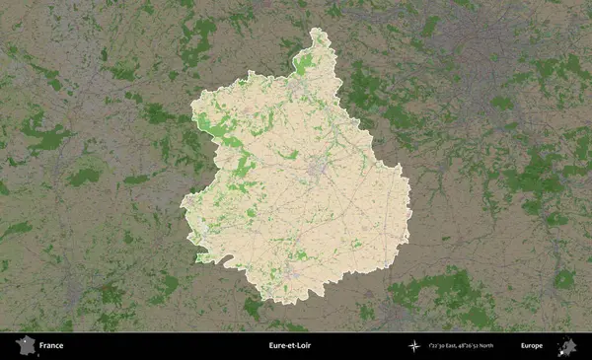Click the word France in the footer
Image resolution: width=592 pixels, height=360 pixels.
51,345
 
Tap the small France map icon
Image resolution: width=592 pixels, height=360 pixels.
23,345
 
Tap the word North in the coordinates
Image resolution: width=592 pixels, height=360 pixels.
500,345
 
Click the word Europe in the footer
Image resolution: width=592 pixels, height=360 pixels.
531,345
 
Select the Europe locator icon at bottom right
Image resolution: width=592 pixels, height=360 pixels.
567,345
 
